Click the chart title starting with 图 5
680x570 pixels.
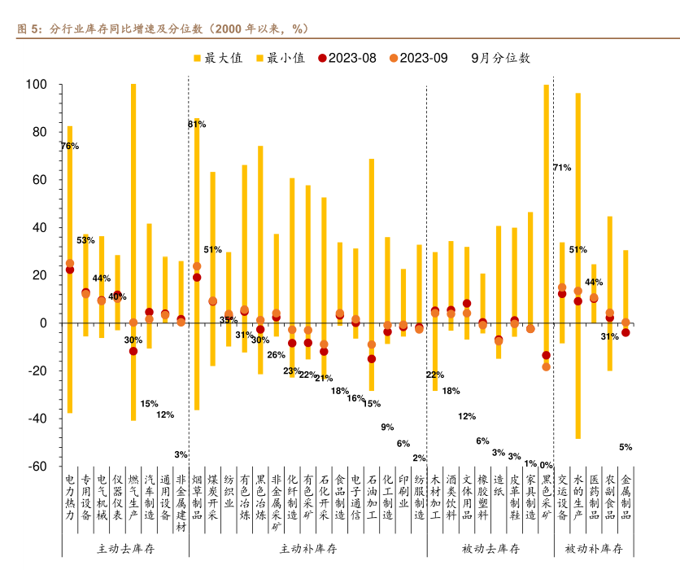(x=162, y=28)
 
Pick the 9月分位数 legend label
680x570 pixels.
(x=500, y=58)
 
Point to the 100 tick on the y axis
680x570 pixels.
(x=37, y=85)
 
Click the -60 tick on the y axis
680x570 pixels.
(x=37, y=467)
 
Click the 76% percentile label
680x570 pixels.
(x=69, y=146)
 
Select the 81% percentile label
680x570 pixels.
(x=197, y=124)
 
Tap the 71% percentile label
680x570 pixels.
(x=562, y=168)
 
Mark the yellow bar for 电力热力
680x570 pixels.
(x=70, y=244)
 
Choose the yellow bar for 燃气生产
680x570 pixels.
(x=133, y=204)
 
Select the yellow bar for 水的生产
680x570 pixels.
(x=578, y=244)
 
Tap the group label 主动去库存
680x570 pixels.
(x=125, y=549)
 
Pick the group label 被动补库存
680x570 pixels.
(x=594, y=549)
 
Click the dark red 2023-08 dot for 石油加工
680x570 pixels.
(x=372, y=358)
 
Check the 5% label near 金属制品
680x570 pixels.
(x=626, y=446)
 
